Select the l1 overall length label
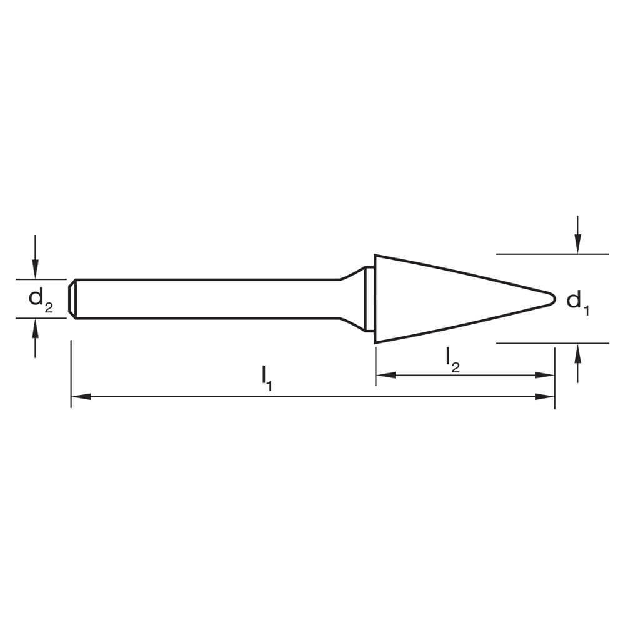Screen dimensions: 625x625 point(267,378)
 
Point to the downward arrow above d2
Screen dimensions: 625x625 point(36,269)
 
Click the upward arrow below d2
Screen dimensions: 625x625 point(36,328)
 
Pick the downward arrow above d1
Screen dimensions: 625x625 point(577,244)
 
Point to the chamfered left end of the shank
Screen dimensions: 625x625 point(72,299)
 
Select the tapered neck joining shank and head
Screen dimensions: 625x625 point(353,299)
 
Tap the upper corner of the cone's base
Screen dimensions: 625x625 point(375,256)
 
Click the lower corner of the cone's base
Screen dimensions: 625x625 point(375,342)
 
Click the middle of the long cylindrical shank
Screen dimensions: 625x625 point(206,299)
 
